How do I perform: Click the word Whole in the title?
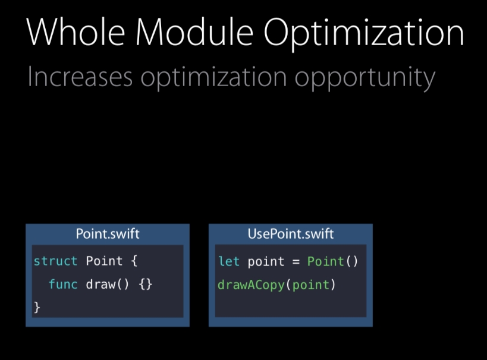(76, 32)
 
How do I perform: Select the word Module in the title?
(194, 31)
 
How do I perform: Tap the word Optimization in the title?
(364, 34)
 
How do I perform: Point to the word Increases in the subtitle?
(80, 77)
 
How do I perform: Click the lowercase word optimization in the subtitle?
(213, 78)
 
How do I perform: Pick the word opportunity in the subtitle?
(365, 78)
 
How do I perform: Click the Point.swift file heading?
(108, 233)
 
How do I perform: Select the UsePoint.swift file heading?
(291, 233)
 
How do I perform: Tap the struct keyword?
(55, 261)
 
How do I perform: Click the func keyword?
(63, 284)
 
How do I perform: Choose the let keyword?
(229, 261)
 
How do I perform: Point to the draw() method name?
(107, 285)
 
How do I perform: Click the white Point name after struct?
(104, 261)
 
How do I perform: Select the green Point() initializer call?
(332, 261)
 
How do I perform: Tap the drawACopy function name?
(251, 285)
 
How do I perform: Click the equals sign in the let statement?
(296, 262)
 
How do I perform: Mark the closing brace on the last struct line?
(37, 307)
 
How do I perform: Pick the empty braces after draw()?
(145, 285)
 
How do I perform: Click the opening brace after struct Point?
(134, 261)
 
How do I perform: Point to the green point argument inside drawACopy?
(310, 285)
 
